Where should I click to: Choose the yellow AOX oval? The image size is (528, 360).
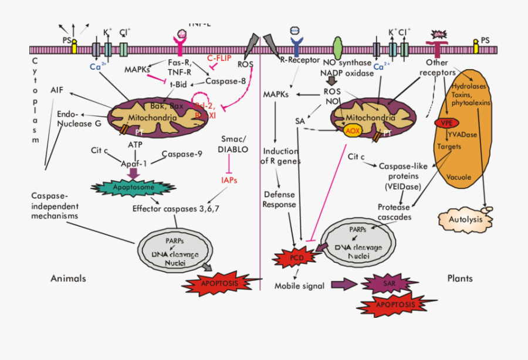pos(352,131)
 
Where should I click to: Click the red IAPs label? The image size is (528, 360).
pos(229,181)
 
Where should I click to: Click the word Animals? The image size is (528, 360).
pos(68,278)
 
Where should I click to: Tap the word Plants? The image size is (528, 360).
pos(460,278)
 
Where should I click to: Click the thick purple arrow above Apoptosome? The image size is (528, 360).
pos(133,172)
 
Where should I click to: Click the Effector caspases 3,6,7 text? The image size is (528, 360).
pos(176,208)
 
